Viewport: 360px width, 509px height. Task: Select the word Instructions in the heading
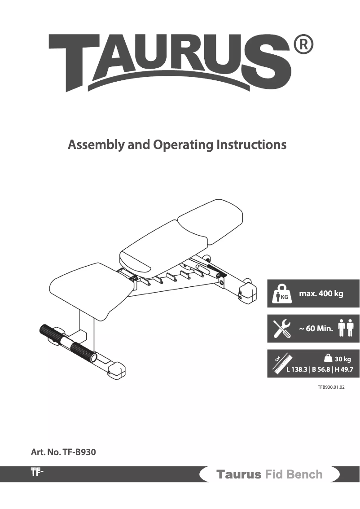pyautogui.click(x=251, y=145)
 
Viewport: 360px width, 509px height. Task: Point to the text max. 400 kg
pyautogui.click(x=320, y=294)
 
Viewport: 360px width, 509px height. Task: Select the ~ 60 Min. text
pyautogui.click(x=316, y=329)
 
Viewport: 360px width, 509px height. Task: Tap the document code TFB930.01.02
pyautogui.click(x=332, y=386)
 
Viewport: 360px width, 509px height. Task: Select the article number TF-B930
pyautogui.click(x=63, y=452)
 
